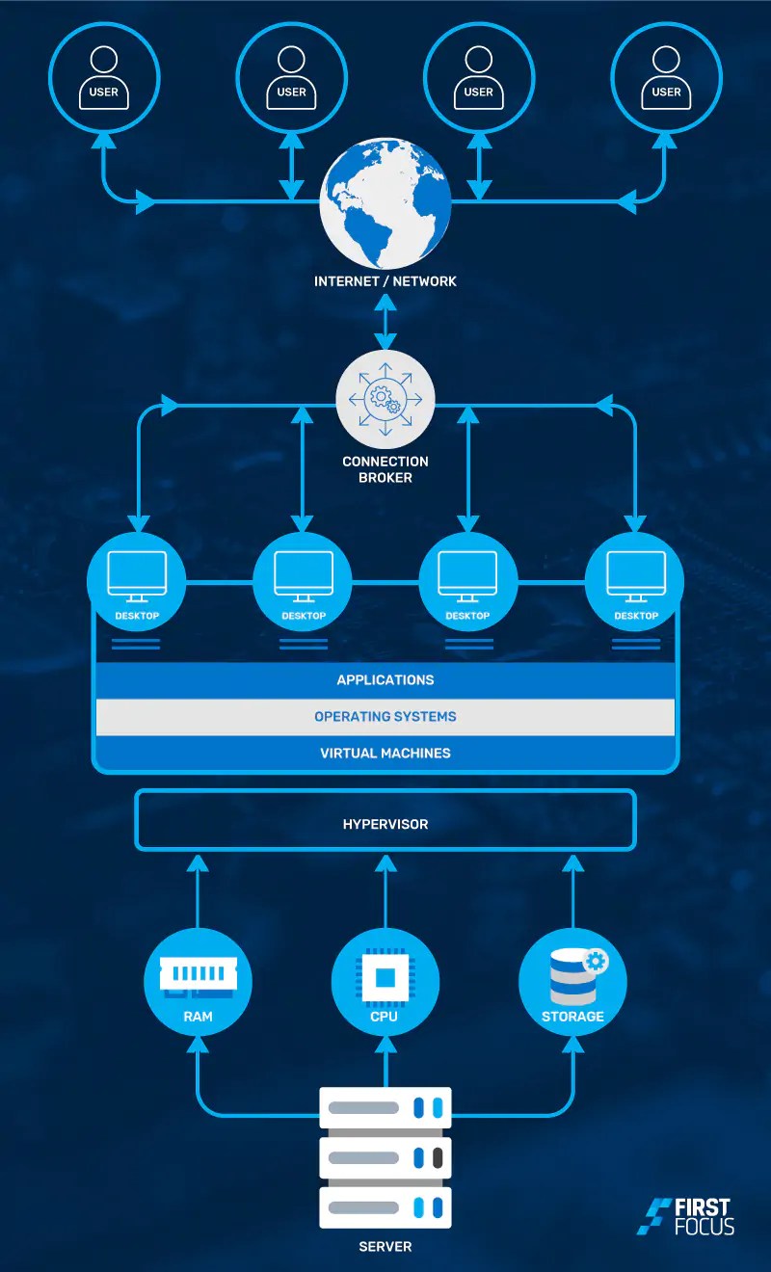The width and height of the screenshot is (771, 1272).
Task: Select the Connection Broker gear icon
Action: pyautogui.click(x=385, y=398)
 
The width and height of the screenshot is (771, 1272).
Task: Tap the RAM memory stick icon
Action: pyautogui.click(x=198, y=974)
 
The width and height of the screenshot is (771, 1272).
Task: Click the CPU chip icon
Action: pyautogui.click(x=385, y=977)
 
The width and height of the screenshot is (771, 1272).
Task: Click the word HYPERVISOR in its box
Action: pyautogui.click(x=385, y=824)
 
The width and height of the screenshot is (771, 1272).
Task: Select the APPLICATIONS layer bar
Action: pyautogui.click(x=385, y=680)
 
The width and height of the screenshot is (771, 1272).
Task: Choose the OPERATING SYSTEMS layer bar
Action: pyautogui.click(x=385, y=717)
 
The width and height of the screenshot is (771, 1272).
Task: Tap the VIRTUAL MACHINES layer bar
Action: pyautogui.click(x=385, y=753)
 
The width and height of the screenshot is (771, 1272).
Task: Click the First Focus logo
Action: pyautogui.click(x=686, y=1217)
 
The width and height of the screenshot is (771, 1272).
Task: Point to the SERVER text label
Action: pyautogui.click(x=385, y=1247)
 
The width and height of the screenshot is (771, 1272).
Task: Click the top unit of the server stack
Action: pyautogui.click(x=385, y=1107)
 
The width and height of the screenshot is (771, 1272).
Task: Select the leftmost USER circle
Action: pyautogui.click(x=104, y=77)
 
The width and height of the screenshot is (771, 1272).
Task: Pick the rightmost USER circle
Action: pyautogui.click(x=666, y=77)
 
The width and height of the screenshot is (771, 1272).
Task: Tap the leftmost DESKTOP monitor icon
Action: pyautogui.click(x=137, y=574)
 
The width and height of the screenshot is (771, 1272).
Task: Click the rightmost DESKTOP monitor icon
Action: pyautogui.click(x=635, y=574)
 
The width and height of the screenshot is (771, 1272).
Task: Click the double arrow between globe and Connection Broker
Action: pyautogui.click(x=385, y=323)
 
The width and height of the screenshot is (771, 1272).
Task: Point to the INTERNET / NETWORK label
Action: pyautogui.click(x=385, y=281)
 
